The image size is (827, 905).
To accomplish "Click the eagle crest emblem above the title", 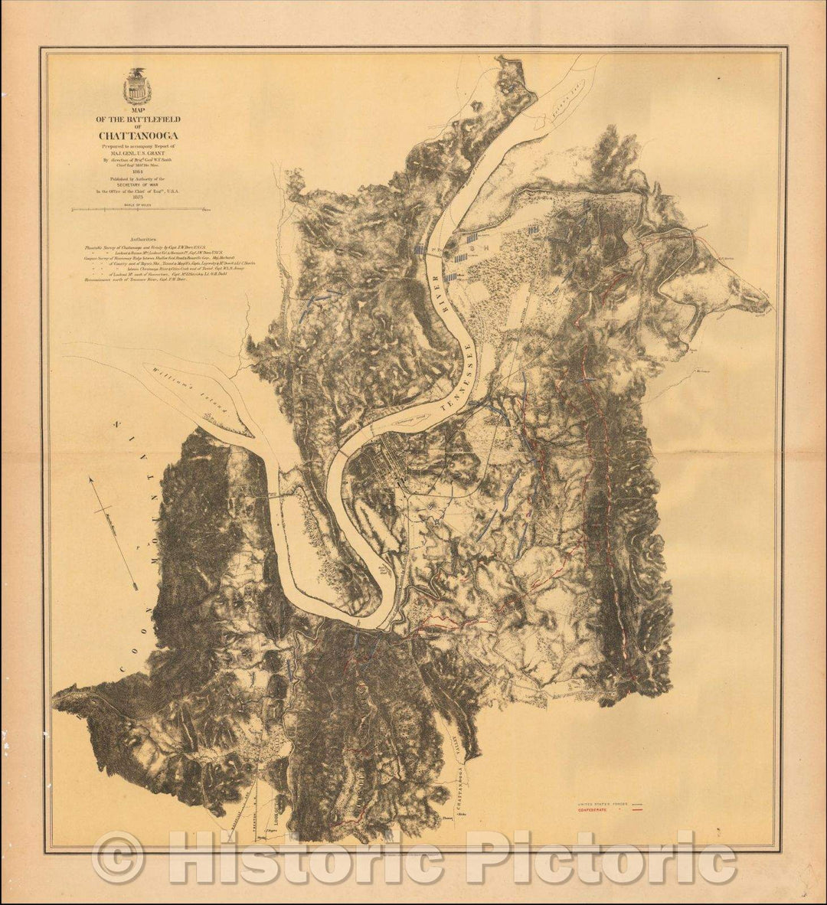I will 139,87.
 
